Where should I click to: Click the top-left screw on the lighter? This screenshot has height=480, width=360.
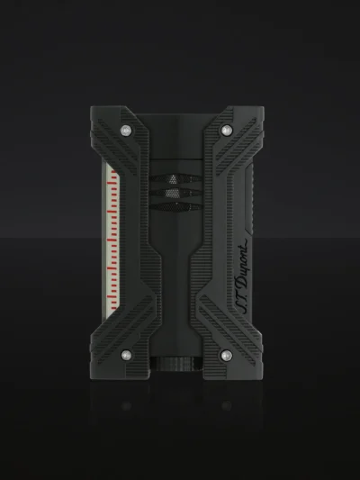[126, 131]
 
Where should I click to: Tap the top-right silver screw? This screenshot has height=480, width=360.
[226, 131]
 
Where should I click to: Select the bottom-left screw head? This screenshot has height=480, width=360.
[126, 356]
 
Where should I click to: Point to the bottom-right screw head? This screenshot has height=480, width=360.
[226, 356]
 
